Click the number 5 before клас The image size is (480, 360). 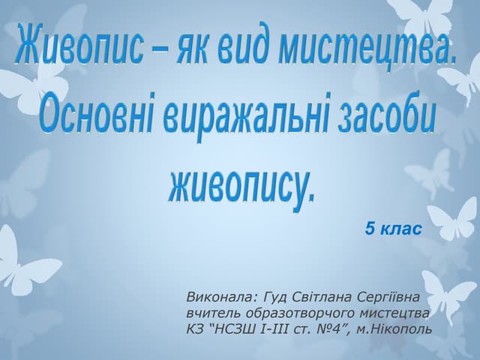click(x=370, y=227)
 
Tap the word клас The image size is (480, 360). click(x=402, y=227)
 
